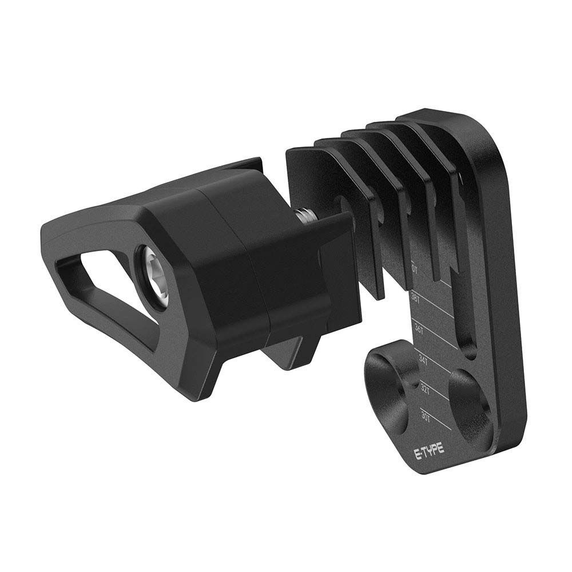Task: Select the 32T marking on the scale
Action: tap(424, 387)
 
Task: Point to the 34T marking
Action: tap(423, 360)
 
